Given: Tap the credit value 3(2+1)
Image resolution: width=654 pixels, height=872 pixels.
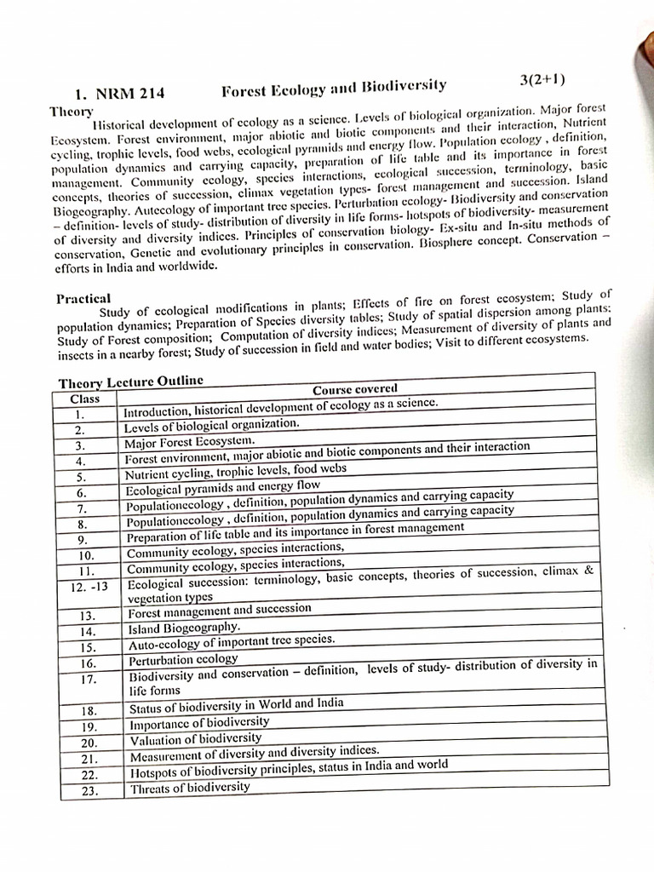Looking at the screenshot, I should coord(542,81).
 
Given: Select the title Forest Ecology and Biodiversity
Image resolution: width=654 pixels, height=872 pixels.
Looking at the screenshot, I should coord(334,87).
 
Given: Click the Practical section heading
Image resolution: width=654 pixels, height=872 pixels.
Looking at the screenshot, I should coord(83,298).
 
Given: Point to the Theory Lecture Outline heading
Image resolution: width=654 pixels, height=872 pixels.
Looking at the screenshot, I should coord(130,381).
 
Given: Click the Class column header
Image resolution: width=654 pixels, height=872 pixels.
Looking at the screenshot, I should coord(85,398).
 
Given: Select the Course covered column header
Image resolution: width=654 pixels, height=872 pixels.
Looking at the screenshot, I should coord(354,389).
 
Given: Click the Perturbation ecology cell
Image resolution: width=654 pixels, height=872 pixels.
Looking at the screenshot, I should coord(183,659).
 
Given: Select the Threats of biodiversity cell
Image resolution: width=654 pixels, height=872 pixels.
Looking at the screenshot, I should coord(190,787).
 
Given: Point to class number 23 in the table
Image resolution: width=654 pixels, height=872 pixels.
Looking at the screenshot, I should coord(89,790).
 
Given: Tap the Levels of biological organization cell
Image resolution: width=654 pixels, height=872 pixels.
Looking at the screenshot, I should coord(211,424).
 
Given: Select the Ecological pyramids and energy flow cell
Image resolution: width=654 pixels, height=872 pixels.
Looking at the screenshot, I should coord(222,487).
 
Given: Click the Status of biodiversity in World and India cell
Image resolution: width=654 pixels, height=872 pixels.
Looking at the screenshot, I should coord(236,706).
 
